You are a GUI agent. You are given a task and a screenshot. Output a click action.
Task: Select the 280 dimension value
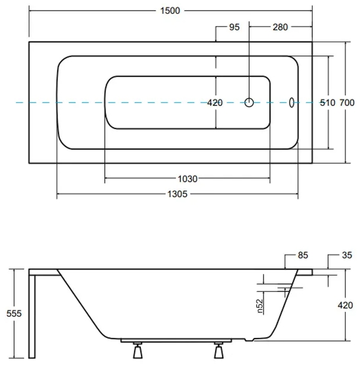tap(280, 28)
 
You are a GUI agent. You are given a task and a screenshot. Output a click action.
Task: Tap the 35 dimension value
tap(346, 255)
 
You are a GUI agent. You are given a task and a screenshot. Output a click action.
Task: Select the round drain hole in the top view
tap(249, 102)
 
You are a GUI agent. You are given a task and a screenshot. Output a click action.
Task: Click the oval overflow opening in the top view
tap(292, 102)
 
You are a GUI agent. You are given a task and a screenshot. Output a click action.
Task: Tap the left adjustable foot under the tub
tap(137, 351)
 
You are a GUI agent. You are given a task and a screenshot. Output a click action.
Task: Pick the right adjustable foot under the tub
tap(218, 351)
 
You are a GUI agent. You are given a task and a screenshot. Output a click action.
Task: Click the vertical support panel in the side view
tap(33, 317)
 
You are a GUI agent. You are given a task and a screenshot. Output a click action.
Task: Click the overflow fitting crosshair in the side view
tap(287, 290)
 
